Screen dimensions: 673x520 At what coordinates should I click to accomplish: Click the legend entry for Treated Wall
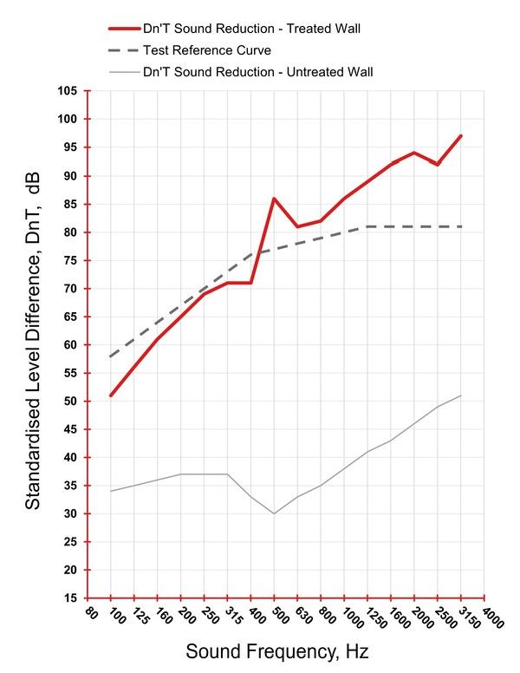pyautogui.click(x=250, y=29)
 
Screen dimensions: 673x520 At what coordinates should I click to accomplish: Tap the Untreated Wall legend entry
pyautogui.click(x=257, y=71)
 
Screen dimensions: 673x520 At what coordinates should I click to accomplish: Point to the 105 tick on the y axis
pyautogui.click(x=68, y=91)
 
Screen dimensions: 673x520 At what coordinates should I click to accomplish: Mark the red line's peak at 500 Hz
pyautogui.click(x=274, y=199)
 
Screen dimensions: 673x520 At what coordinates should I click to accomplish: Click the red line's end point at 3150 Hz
pyautogui.click(x=461, y=136)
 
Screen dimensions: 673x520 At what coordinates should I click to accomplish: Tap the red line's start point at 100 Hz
pyautogui.click(x=111, y=395)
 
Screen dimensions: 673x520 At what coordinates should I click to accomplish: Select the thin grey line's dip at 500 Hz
pyautogui.click(x=274, y=513)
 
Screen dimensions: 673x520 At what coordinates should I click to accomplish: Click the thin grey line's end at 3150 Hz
pyautogui.click(x=461, y=395)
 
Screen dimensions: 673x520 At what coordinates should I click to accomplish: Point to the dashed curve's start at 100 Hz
pyautogui.click(x=111, y=356)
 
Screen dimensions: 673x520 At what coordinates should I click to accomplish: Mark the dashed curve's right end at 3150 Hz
pyautogui.click(x=461, y=226)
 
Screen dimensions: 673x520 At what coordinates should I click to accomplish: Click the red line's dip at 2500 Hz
pyautogui.click(x=438, y=165)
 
